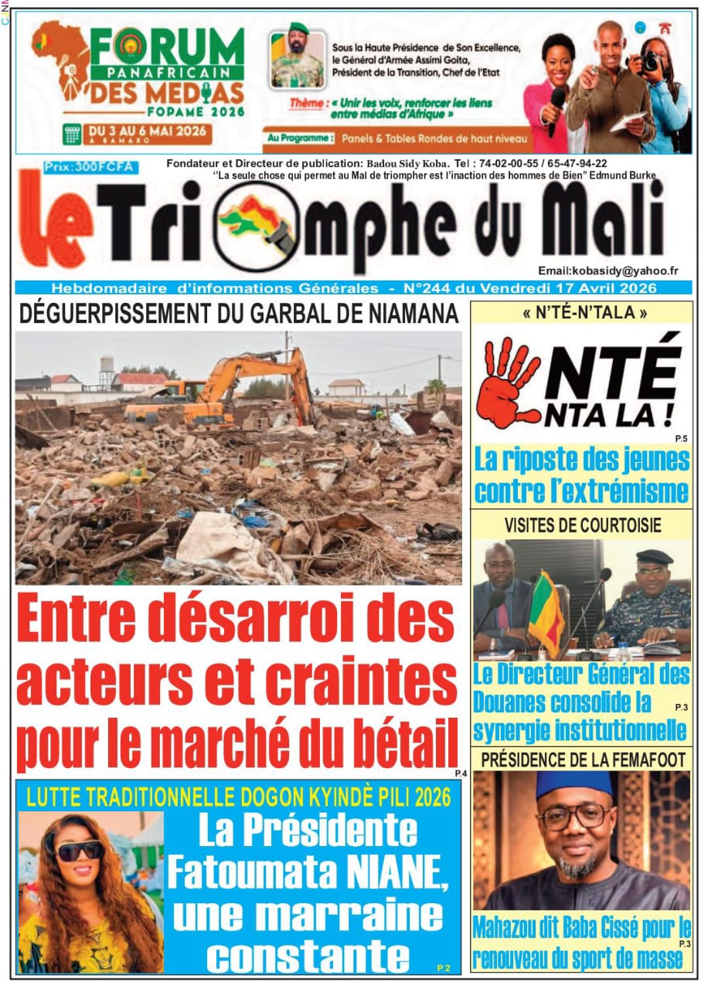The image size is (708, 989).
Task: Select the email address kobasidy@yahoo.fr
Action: click(x=608, y=271)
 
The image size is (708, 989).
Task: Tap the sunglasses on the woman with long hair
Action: click(x=80, y=850)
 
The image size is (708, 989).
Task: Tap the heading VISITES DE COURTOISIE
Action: click(x=582, y=525)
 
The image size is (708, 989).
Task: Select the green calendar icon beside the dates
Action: click(x=73, y=132)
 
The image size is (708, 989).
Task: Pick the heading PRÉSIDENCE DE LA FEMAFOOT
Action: click(x=583, y=759)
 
